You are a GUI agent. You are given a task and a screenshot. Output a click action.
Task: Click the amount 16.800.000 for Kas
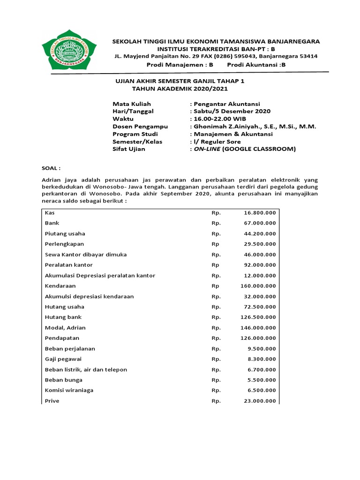260,213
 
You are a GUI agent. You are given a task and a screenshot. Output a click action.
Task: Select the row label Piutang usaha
65,233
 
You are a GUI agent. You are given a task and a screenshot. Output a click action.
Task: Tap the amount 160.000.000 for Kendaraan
258,285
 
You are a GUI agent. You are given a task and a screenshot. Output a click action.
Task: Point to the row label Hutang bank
63,317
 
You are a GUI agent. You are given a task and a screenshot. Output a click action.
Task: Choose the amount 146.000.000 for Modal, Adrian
258,328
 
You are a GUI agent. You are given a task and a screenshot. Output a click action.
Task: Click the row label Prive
52,401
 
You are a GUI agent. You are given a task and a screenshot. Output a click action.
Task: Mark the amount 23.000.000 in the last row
260,401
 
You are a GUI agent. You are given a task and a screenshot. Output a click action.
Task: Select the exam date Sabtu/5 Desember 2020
232,111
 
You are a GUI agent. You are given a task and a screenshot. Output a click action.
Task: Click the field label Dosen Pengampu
140,127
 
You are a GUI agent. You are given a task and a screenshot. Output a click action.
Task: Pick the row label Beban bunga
64,380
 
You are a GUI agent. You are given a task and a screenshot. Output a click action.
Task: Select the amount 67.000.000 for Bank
260,223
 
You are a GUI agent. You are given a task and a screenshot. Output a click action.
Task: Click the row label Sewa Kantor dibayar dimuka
86,255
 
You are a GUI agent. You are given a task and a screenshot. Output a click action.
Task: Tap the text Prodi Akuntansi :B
256,65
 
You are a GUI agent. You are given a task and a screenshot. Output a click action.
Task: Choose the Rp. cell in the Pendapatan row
216,338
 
